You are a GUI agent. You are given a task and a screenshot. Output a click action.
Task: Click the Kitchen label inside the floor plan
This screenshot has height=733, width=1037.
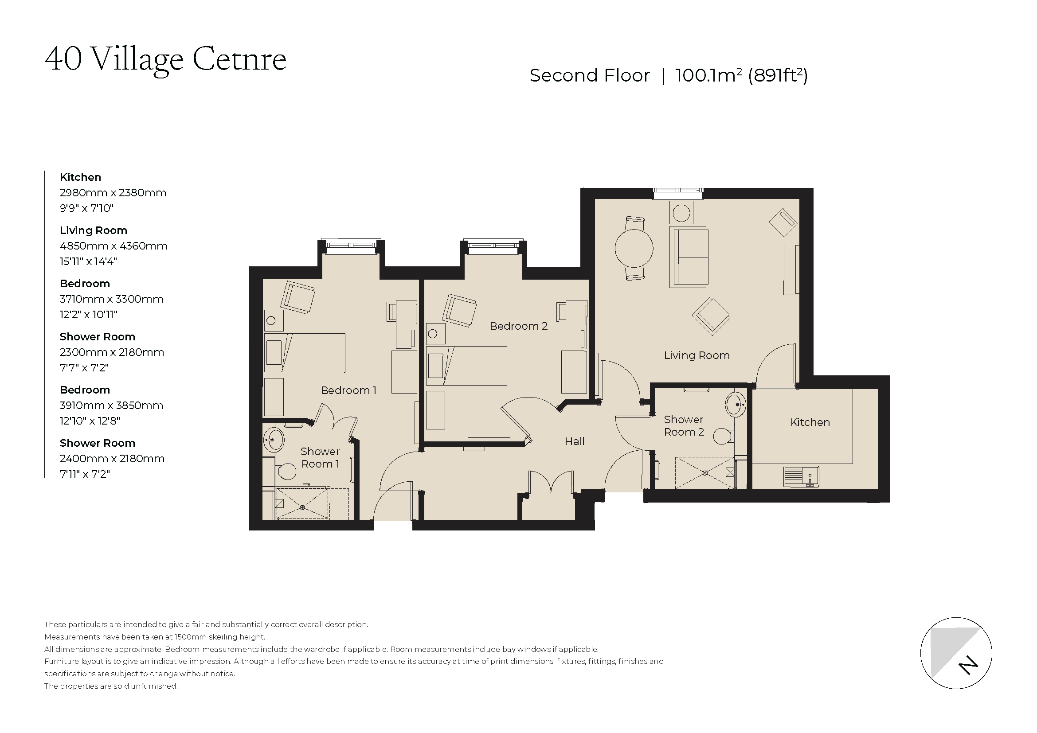tap(810, 422)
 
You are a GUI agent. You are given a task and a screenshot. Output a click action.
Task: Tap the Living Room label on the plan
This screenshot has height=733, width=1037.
tap(697, 355)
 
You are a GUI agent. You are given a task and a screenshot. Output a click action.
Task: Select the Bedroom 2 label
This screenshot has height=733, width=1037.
tap(519, 326)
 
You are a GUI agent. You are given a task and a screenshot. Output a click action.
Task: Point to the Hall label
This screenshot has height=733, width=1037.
tap(575, 441)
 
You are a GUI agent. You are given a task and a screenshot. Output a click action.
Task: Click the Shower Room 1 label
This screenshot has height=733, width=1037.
tap(320, 457)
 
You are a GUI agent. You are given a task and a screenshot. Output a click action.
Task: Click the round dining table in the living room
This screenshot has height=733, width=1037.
tap(634, 248)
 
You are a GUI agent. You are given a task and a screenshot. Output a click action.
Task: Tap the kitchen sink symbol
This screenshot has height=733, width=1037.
tap(801, 476)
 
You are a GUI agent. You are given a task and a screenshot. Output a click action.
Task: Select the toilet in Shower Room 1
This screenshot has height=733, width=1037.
tap(286, 471)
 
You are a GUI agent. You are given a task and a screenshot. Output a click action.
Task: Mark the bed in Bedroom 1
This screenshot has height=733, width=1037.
tap(305, 352)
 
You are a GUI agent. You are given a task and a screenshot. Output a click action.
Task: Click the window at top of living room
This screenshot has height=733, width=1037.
tap(678, 194)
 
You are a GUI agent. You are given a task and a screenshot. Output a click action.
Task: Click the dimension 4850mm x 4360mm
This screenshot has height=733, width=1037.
tap(113, 246)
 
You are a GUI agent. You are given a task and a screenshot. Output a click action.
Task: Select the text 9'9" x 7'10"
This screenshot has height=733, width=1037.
tap(87, 208)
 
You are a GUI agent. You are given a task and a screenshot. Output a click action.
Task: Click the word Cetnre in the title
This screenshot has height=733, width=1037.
tap(239, 59)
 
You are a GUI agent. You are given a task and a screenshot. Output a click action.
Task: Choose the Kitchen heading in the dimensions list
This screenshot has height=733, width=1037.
tap(80, 177)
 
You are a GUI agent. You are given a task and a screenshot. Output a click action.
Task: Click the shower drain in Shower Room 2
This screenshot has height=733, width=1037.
tap(705, 472)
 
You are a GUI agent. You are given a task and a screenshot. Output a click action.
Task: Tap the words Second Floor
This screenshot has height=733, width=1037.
tap(589, 75)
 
